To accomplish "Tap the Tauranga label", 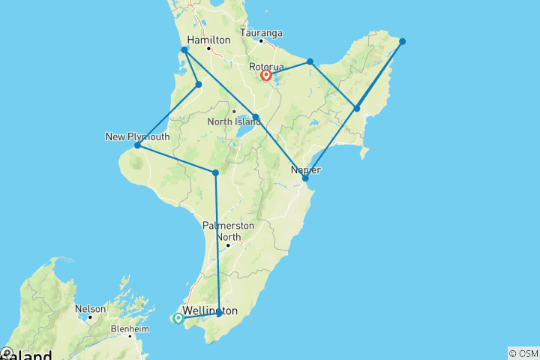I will point(261,33).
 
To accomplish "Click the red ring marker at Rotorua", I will point(265,75).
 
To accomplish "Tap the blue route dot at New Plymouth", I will point(137,145).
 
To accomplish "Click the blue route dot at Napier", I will point(305,178).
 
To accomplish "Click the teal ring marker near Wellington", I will point(178,318).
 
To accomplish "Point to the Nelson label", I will point(90,308).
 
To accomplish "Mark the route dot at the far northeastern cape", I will point(403,41).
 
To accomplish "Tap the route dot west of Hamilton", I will point(184,50).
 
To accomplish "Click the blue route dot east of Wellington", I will point(219,312).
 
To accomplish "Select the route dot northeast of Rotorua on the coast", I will point(310,61).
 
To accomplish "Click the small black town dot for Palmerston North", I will point(228,244).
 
